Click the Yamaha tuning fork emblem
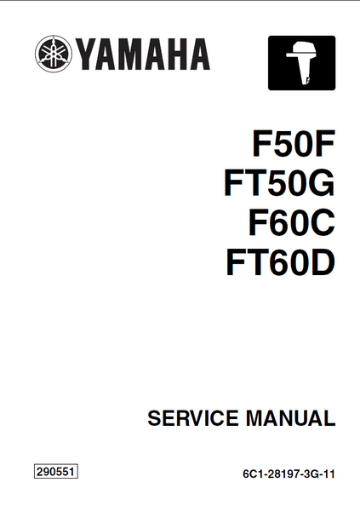[x=53, y=54]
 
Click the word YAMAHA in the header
[x=142, y=55]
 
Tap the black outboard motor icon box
[x=301, y=63]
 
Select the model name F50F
[x=294, y=143]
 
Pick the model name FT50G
[x=279, y=183]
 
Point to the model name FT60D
[x=281, y=262]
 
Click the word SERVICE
[x=193, y=418]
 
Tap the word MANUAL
[x=290, y=418]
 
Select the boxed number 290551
[x=56, y=472]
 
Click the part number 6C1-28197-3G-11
[x=289, y=474]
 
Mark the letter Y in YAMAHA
[x=86, y=55]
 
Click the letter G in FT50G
[x=322, y=183]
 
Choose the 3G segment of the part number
[x=310, y=474]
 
